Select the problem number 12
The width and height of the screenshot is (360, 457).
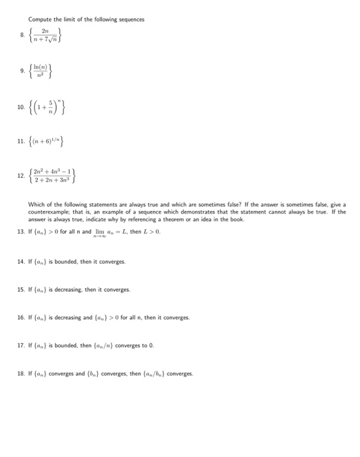click(x=21, y=175)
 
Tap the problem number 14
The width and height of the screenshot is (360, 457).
click(x=21, y=261)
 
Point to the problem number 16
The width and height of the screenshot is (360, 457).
click(x=21, y=317)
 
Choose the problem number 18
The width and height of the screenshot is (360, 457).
click(x=21, y=373)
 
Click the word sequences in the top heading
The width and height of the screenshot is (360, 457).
click(x=129, y=19)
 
